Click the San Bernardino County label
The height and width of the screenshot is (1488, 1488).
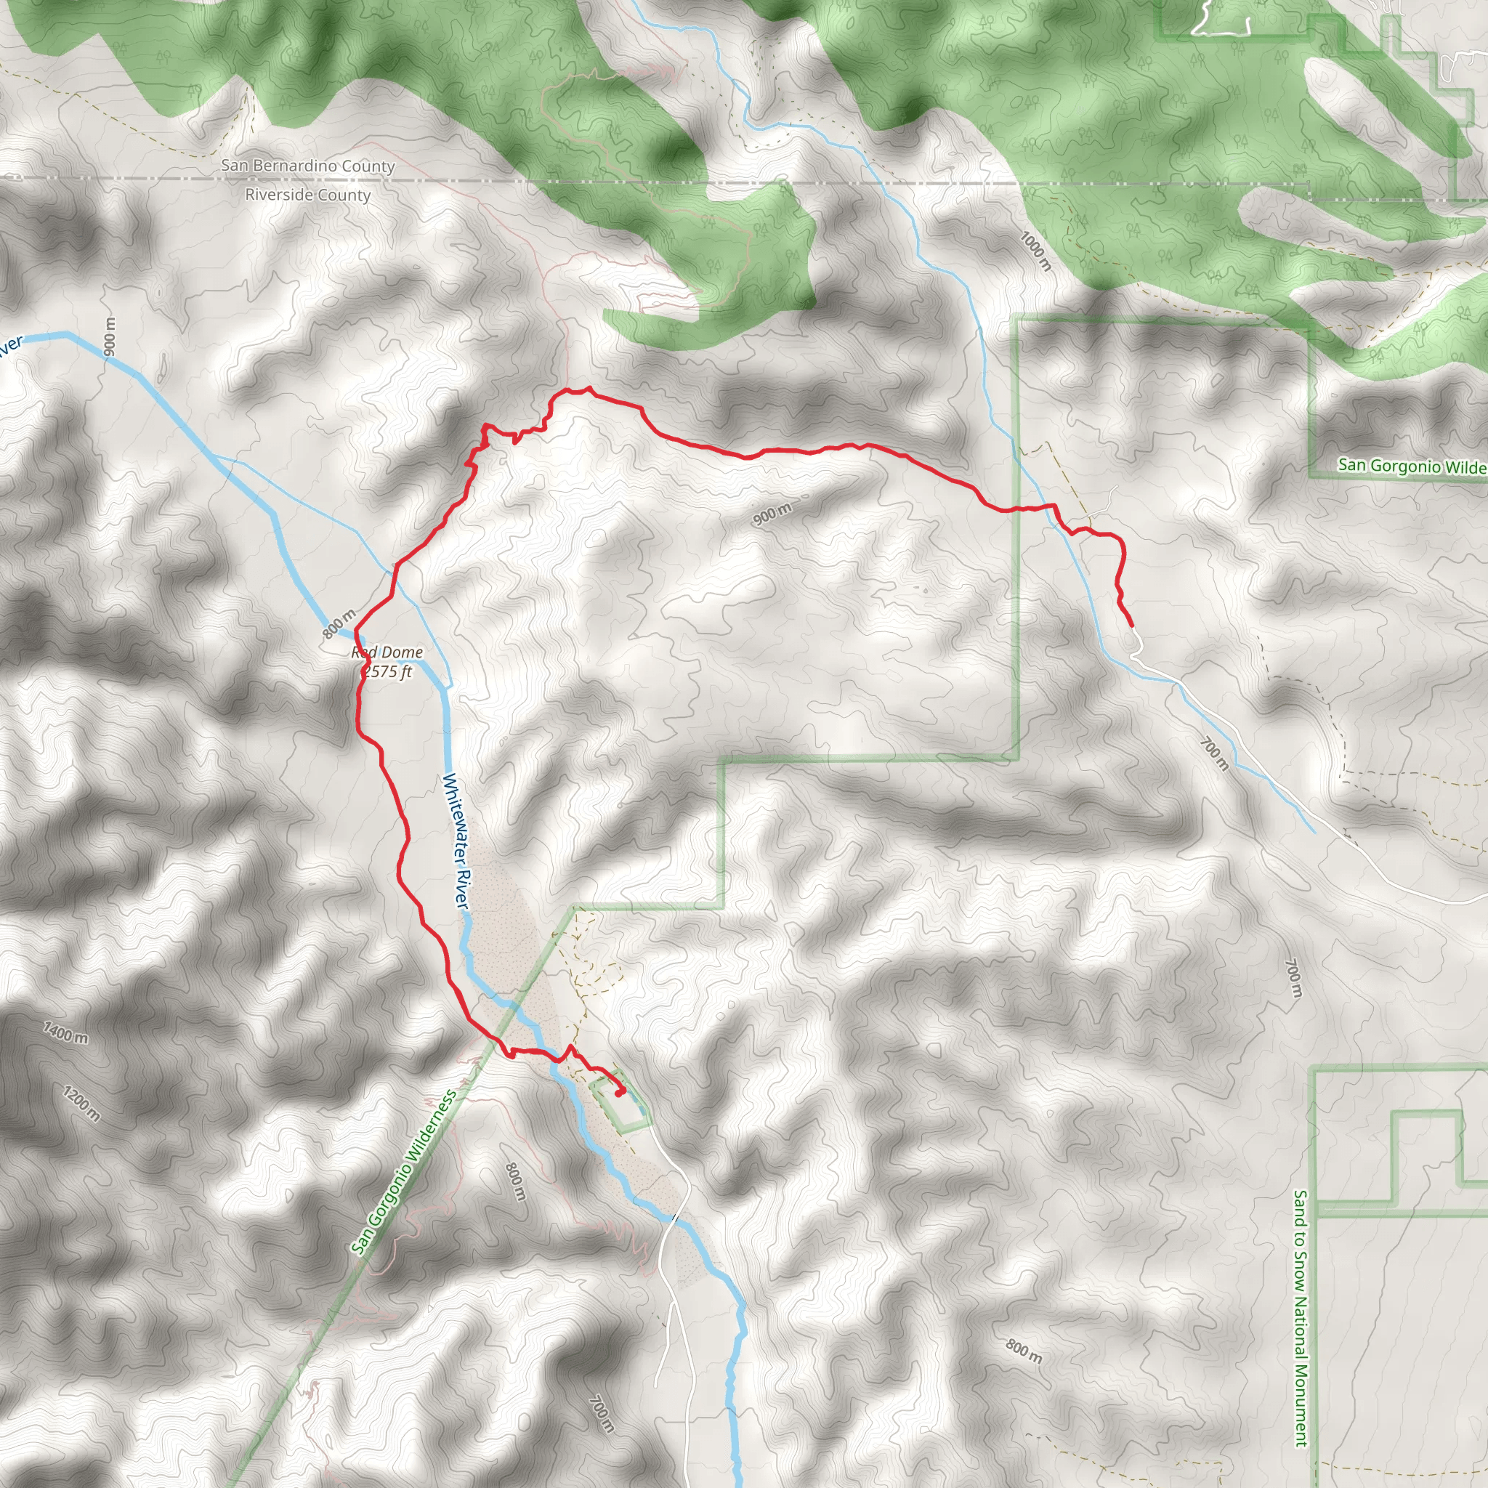(x=307, y=166)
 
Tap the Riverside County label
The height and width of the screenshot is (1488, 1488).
(x=307, y=195)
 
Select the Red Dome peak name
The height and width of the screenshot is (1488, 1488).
(x=387, y=652)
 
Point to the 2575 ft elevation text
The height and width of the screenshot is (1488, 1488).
(x=387, y=671)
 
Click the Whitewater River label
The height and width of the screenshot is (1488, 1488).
(x=456, y=841)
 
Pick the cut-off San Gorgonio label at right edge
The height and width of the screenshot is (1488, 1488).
(x=1412, y=466)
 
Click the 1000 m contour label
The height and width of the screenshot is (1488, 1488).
(x=1035, y=251)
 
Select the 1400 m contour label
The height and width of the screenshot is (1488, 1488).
(x=65, y=1032)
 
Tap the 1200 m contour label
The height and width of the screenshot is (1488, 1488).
(x=81, y=1103)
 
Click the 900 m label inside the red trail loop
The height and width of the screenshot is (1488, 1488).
(x=772, y=514)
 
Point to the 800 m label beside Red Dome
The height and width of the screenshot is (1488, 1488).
(x=339, y=623)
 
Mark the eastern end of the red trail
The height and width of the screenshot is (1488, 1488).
(x=1131, y=625)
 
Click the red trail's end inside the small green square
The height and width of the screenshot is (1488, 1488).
(x=620, y=1092)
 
